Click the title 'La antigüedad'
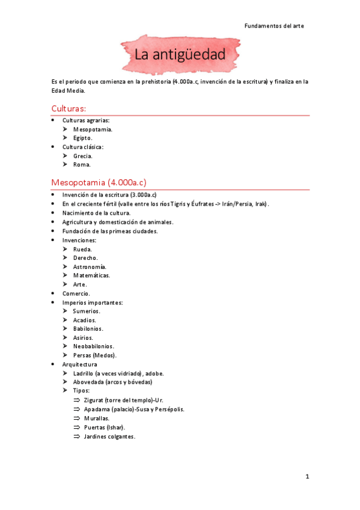tap(180, 55)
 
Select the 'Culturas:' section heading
tap(69, 108)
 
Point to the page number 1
tap(307, 477)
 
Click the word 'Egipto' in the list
tap(82, 138)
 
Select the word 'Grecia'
tap(82, 156)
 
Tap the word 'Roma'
tap(82, 164)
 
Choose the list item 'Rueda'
tap(83, 249)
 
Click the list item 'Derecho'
tap(85, 257)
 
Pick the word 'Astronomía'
tap(90, 266)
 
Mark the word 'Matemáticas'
tap(91, 275)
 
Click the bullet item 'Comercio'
tap(76, 293)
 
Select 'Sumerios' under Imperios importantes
tap(87, 311)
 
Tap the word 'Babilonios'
tap(88, 329)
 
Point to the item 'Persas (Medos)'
tap(94, 355)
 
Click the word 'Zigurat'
tap(96, 400)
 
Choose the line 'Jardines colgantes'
tap(109, 436)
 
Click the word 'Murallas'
tap(96, 418)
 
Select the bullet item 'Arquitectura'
tap(79, 364)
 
